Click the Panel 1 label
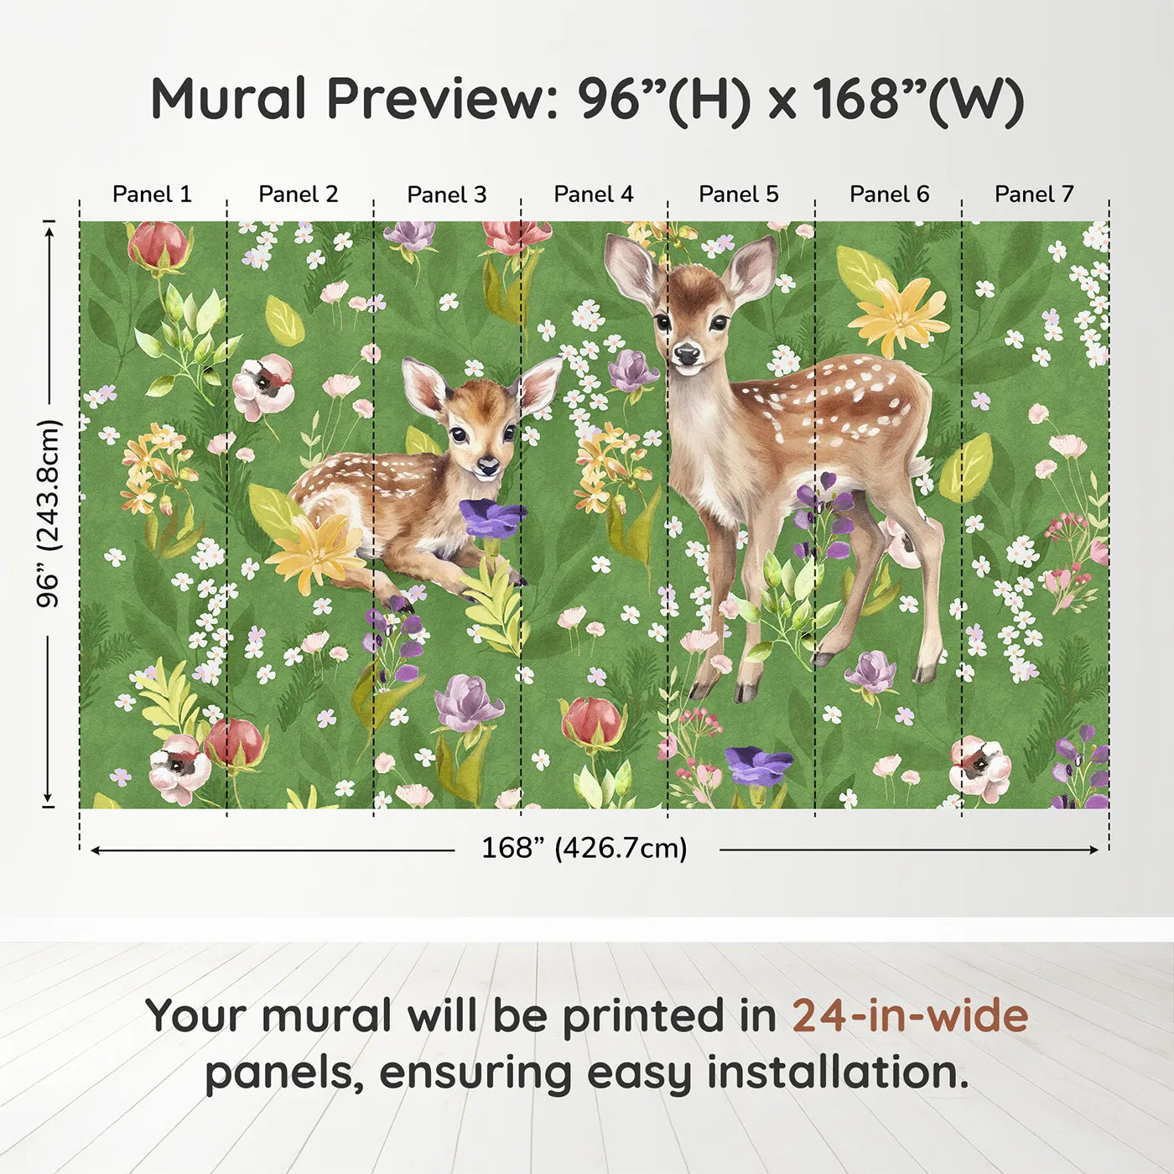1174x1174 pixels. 152,195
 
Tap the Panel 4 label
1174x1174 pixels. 594,195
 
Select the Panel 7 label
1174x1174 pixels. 1034,195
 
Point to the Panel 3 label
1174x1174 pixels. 447,195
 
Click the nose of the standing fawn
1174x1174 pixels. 687,353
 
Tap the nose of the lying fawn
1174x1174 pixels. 488,466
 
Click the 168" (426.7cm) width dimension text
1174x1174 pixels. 584,848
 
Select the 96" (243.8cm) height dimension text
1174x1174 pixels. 49,514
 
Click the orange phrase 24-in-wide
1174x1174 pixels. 910,1015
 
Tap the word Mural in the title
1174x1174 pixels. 228,99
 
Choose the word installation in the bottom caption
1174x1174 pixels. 838,1072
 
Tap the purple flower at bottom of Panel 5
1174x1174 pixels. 759,765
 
